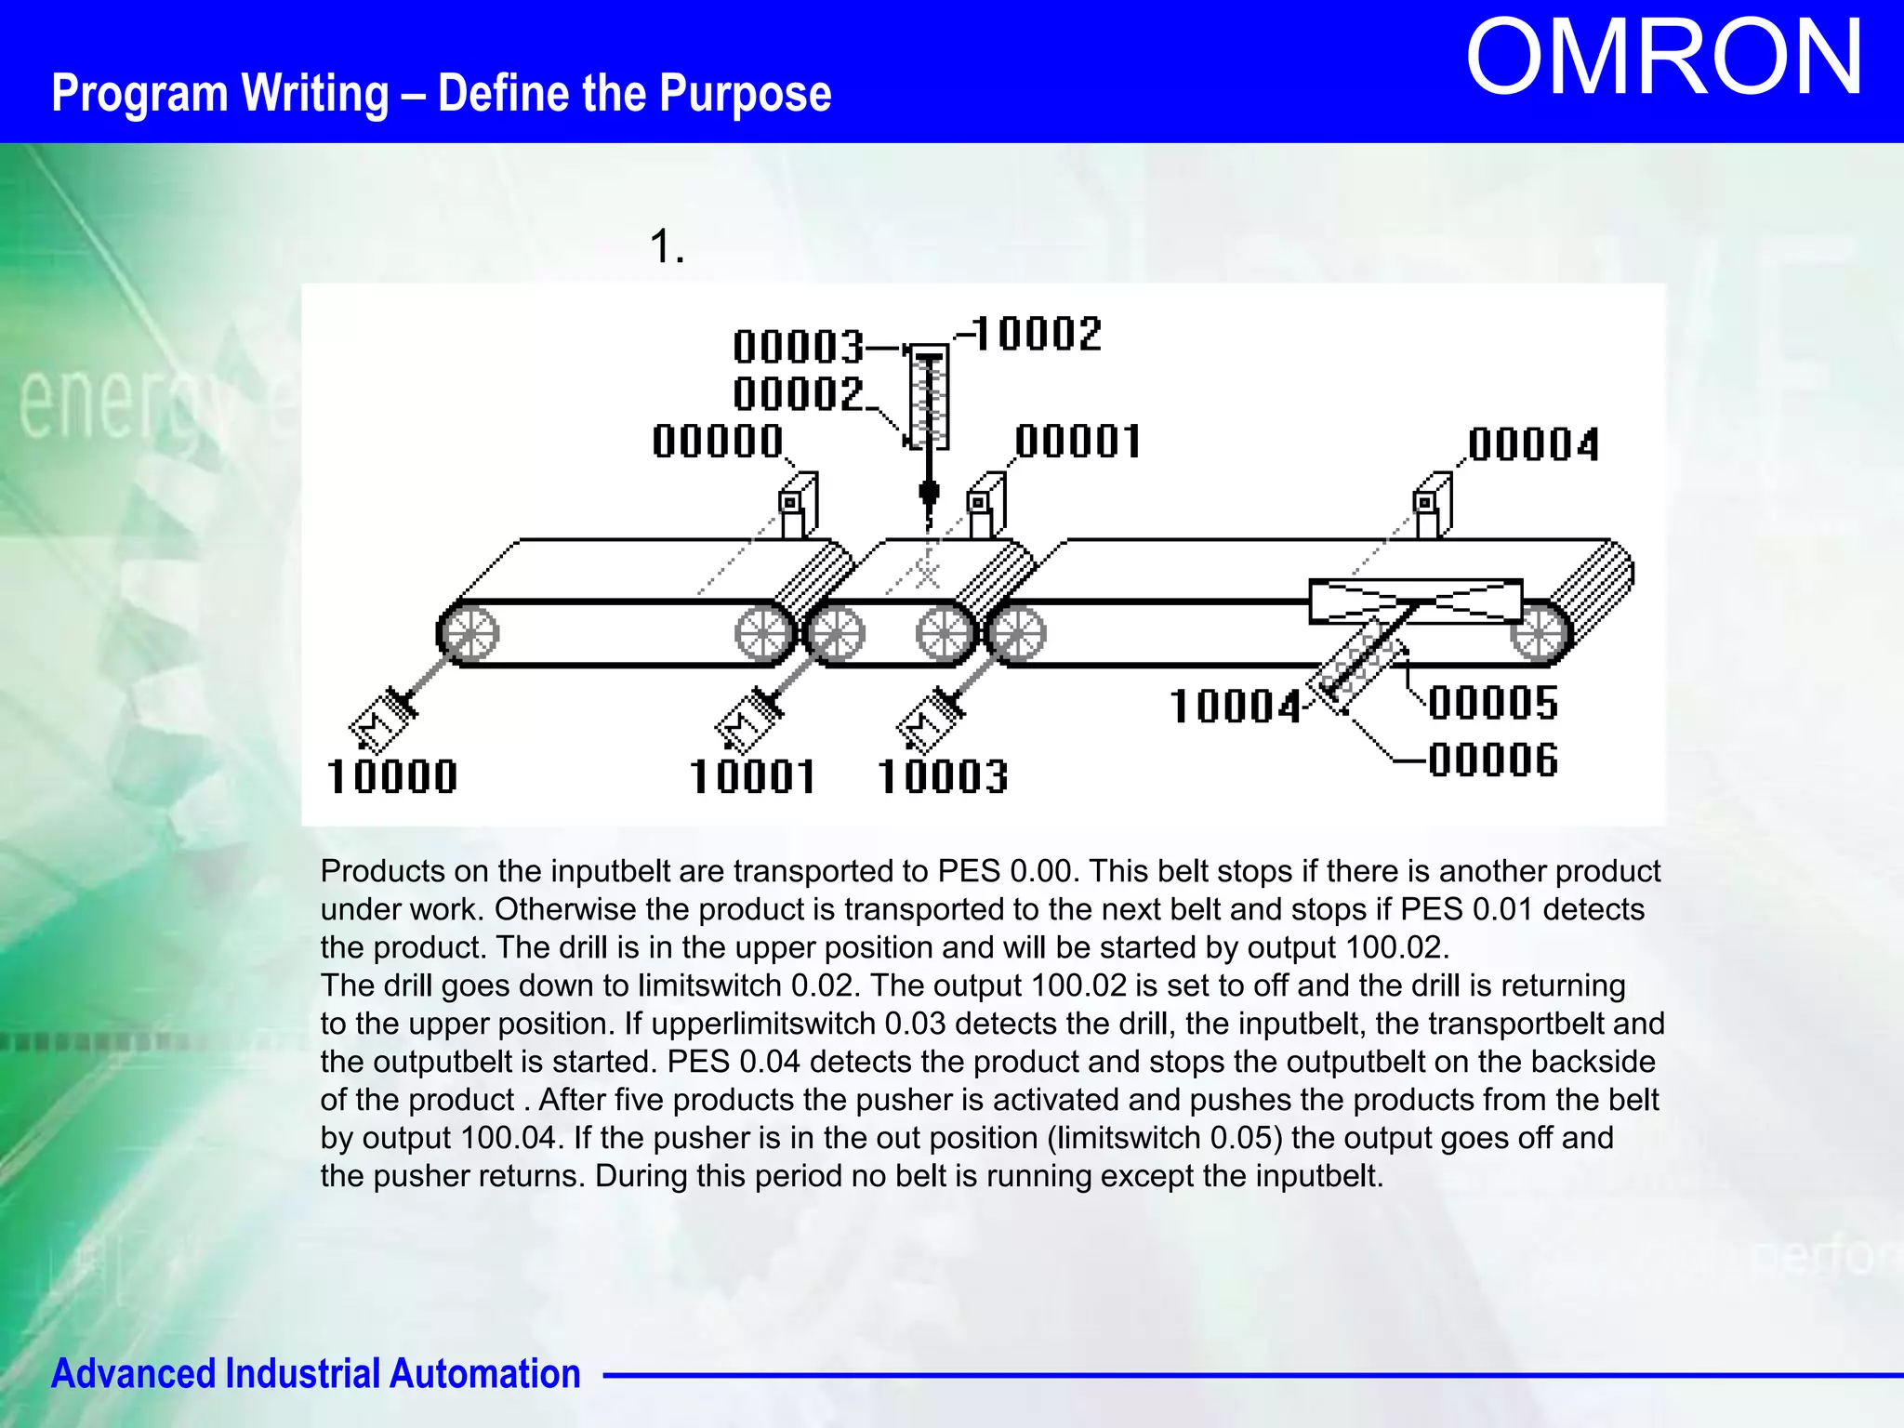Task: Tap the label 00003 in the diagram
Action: [x=799, y=347]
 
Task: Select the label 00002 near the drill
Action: [x=799, y=394]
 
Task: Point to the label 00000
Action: [x=718, y=441]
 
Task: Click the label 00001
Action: [x=1078, y=442]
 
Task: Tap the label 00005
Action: [x=1493, y=703]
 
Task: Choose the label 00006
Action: [x=1493, y=760]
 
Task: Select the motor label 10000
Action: [x=392, y=776]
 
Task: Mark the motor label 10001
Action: [x=753, y=776]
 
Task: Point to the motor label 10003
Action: [x=943, y=776]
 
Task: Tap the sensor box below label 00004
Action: [x=1431, y=508]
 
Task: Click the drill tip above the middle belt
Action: [x=928, y=494]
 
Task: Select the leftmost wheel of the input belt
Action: [x=469, y=634]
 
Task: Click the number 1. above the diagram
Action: [x=667, y=247]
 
